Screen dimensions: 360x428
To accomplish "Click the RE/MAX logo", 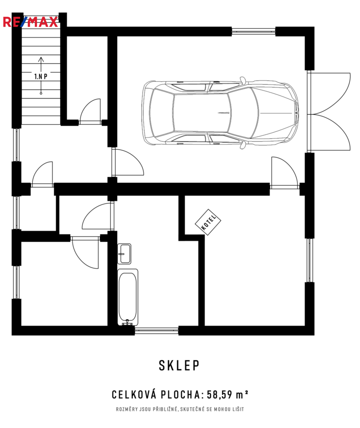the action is [x=30, y=22].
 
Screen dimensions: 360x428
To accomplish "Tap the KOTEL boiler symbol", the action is [x=208, y=222].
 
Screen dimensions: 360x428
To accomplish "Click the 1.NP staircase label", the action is [x=41, y=76].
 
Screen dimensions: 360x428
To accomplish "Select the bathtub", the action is [x=128, y=297].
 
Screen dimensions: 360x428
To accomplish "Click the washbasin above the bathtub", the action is [x=124, y=254].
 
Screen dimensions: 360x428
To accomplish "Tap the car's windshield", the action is [x=243, y=113].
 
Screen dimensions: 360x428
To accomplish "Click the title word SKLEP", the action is [x=179, y=365].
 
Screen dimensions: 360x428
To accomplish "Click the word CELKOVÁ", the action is [x=134, y=394].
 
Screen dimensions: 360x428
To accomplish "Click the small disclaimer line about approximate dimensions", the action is [x=180, y=409].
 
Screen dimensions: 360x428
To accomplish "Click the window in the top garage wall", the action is [x=253, y=31].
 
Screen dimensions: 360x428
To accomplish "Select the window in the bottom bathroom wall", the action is [x=156, y=331].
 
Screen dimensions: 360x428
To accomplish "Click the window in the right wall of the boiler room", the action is [x=309, y=260].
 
